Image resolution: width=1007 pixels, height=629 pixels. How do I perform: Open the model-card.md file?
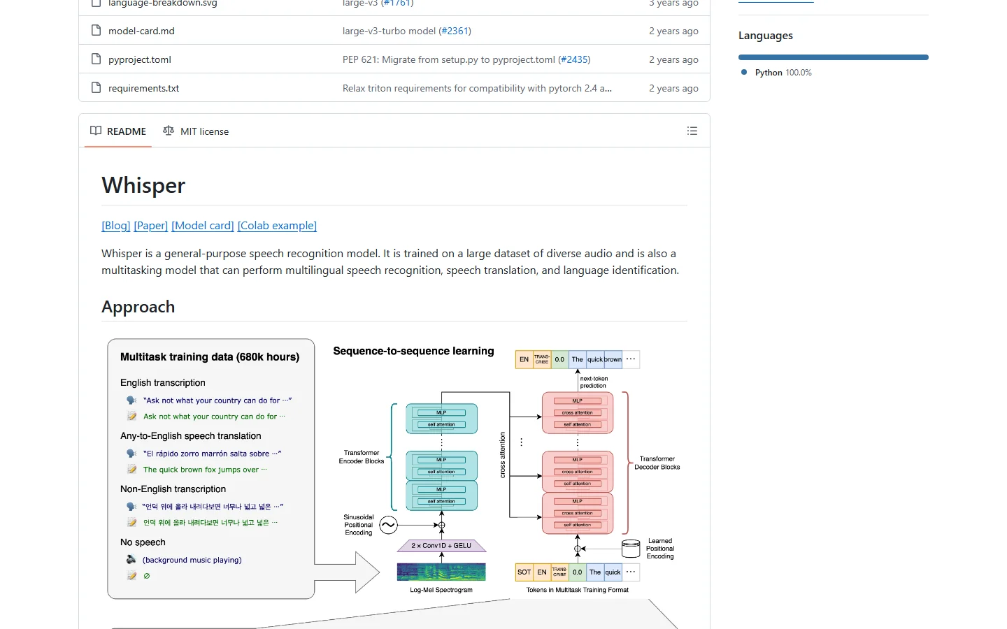tap(141, 31)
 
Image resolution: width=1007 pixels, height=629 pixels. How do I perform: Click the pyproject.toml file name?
tap(140, 59)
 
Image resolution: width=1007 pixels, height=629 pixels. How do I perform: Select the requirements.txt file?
tap(143, 88)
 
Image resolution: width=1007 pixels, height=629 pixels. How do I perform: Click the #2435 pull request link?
tap(576, 59)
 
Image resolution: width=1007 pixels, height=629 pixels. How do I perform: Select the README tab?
tap(118, 131)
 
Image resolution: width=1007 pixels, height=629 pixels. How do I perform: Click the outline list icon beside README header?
tap(692, 131)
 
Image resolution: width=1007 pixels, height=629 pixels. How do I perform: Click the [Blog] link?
tap(116, 226)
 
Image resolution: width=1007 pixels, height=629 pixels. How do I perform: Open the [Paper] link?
tap(151, 226)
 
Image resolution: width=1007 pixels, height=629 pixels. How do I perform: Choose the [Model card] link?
tap(203, 226)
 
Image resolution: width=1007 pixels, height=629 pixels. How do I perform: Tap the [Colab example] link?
tap(277, 226)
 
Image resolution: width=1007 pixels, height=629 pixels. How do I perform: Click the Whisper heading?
tap(143, 185)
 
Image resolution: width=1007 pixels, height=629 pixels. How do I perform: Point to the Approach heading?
tap(138, 307)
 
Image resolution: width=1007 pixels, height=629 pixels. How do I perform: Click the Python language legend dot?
tap(744, 72)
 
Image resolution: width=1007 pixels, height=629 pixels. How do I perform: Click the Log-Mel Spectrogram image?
tap(441, 572)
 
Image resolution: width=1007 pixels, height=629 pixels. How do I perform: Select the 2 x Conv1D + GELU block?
tap(441, 546)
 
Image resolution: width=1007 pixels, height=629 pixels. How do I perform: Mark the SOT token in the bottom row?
tap(524, 572)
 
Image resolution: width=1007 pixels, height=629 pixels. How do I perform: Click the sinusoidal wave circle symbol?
tap(388, 525)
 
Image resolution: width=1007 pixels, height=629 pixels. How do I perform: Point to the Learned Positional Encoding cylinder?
tap(631, 549)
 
